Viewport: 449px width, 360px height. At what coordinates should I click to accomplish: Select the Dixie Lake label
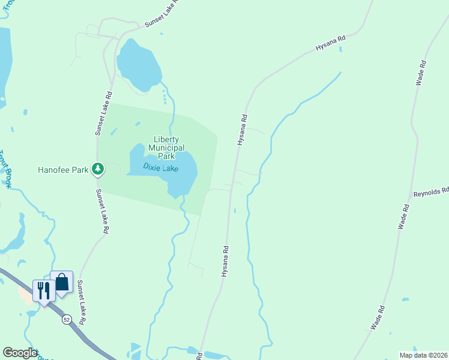(x=160, y=168)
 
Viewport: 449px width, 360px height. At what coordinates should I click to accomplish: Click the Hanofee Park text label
(x=63, y=170)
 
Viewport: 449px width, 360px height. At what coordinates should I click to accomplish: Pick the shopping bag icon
(x=62, y=283)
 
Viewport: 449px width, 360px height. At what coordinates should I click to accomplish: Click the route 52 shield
(x=67, y=320)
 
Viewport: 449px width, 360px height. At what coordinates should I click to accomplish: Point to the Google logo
(x=20, y=353)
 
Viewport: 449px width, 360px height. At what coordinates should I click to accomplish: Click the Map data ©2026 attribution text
(x=423, y=355)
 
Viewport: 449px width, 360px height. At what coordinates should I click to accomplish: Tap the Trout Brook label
(x=5, y=169)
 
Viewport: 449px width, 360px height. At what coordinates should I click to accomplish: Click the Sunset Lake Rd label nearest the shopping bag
(x=79, y=304)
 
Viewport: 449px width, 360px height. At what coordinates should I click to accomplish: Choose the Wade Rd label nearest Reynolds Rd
(x=403, y=217)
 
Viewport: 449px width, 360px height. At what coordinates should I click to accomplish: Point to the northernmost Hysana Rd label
(x=331, y=44)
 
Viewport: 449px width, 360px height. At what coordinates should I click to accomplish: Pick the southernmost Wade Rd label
(x=378, y=317)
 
